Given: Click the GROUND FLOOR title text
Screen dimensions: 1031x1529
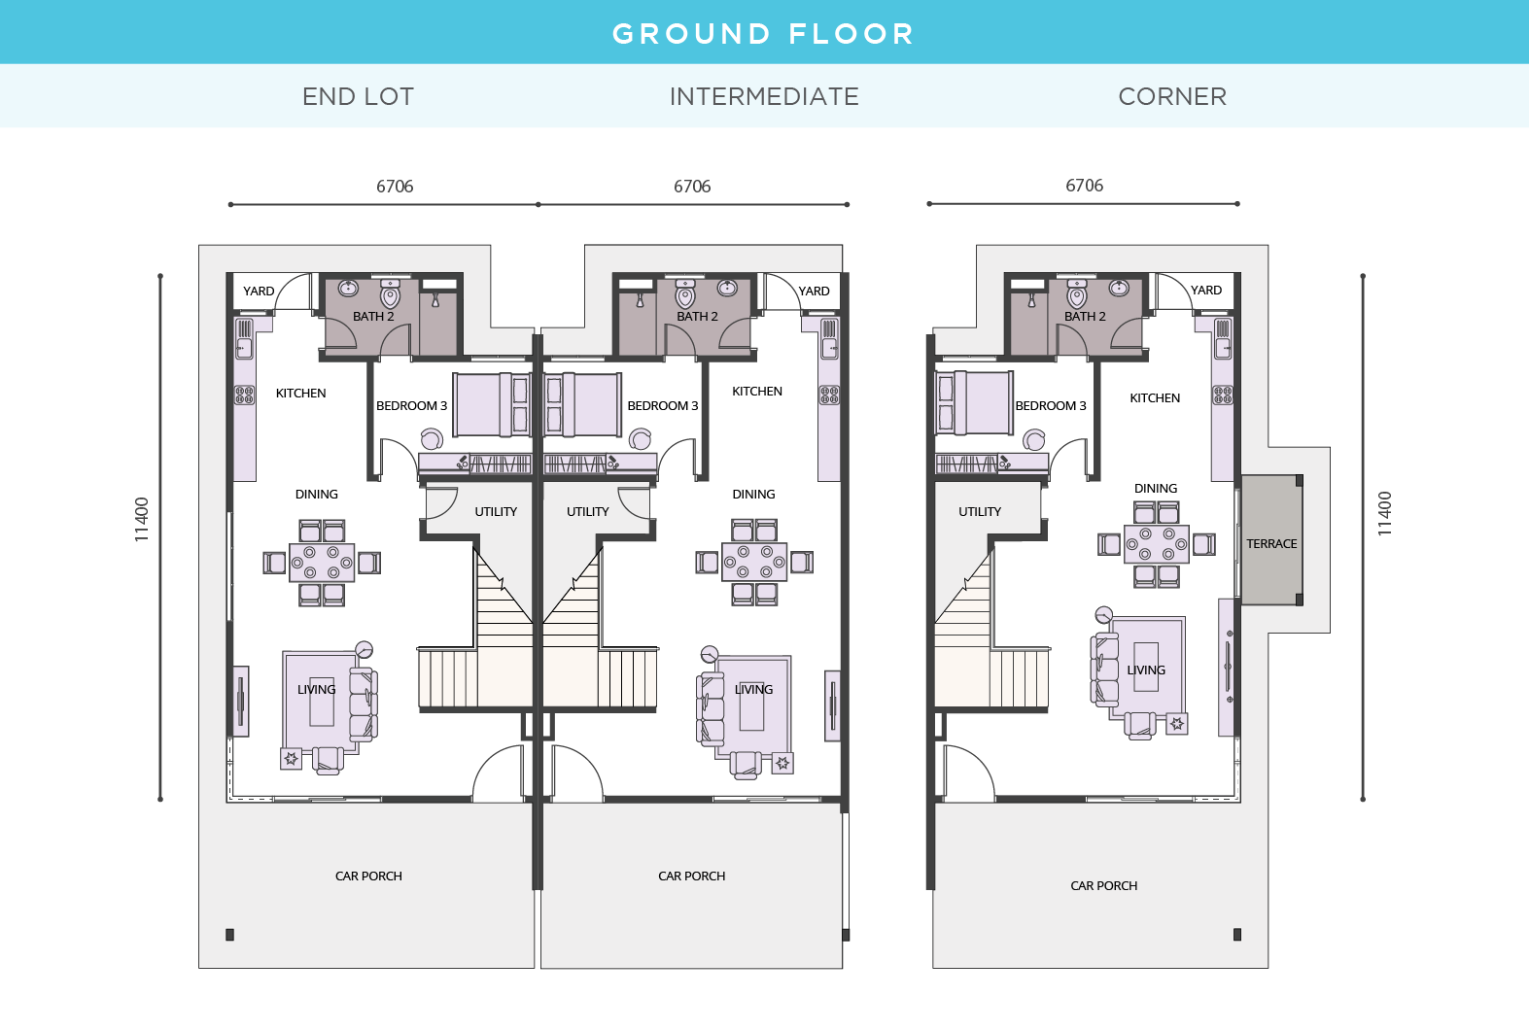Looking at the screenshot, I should pos(763,34).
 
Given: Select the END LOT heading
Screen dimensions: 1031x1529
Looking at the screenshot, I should pos(358,96).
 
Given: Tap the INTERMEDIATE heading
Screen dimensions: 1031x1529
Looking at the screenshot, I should pos(764,96).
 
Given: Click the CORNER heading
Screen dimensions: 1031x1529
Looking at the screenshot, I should pos(1172,96).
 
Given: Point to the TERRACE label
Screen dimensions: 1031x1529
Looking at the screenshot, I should pos(1271,544).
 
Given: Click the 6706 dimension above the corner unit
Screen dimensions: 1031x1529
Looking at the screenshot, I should pos(1084,186).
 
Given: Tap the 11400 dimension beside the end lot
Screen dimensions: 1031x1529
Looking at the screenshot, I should pos(142,519).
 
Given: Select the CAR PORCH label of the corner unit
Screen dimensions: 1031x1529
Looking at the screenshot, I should pos(1103,886).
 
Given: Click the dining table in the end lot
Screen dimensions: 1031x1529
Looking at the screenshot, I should pos(322,563).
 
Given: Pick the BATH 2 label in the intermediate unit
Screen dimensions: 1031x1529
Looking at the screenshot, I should pos(697,317).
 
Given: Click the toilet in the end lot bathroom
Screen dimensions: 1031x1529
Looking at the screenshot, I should pos(391,294).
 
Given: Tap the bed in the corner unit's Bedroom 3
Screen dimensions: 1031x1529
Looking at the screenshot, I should pos(973,402).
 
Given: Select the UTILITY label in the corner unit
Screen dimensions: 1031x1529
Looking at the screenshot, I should pos(979,512).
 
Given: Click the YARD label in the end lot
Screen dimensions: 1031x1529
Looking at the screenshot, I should pos(259,292).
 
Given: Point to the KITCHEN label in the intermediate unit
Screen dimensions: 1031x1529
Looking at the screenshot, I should pos(756,392).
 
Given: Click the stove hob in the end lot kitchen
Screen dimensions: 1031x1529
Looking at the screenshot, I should pos(244,395).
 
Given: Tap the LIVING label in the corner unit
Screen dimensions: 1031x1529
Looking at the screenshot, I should pos(1146,670).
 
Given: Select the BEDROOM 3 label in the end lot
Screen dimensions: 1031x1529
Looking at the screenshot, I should pos(411,406).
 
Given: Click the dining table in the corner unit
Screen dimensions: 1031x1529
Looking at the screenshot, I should pos(1156,544).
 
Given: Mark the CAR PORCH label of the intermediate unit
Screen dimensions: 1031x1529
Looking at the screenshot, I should pos(691,876).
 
